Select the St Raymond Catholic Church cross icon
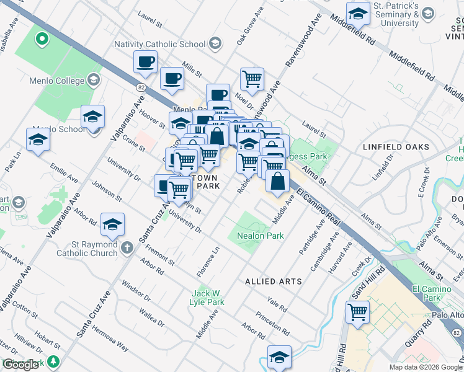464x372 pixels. tap(127, 248)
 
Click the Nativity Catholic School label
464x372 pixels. tap(159, 44)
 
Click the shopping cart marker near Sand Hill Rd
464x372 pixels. tap(358, 312)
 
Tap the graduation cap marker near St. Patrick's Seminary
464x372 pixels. tap(358, 14)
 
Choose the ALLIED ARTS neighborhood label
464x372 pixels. tap(274, 281)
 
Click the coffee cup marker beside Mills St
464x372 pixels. tap(172, 79)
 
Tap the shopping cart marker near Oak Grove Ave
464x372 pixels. tap(252, 79)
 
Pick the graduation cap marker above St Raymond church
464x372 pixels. tap(112, 224)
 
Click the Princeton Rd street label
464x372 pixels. tap(273, 322)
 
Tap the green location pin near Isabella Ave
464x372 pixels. tap(42, 39)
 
